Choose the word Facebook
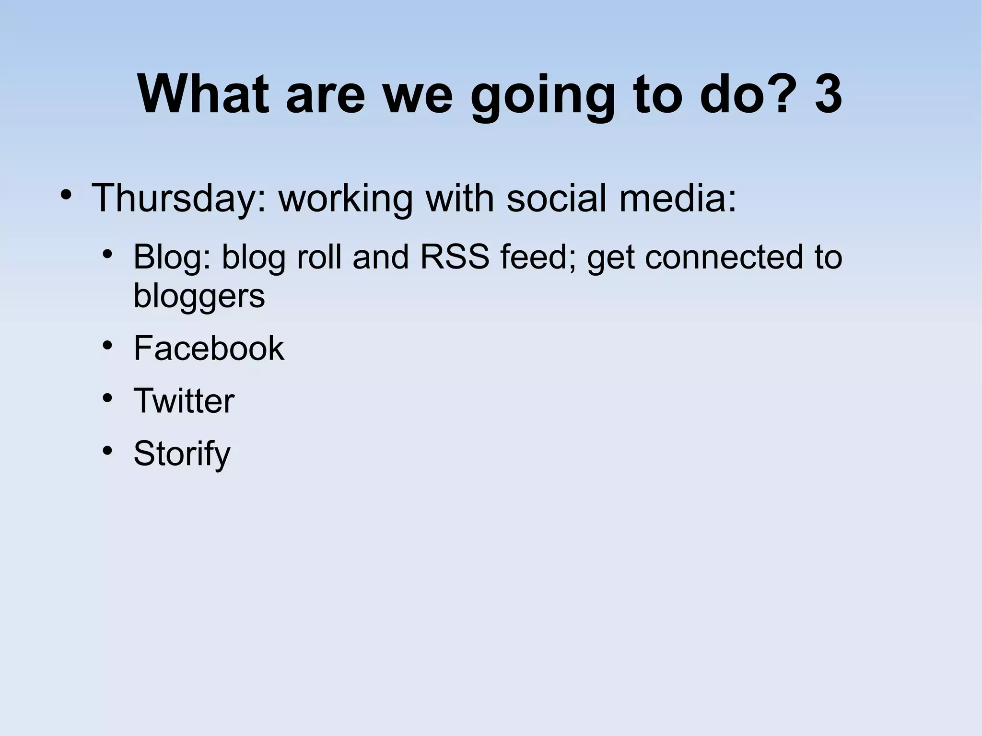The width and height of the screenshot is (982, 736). click(x=209, y=348)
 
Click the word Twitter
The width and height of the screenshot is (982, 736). click(x=184, y=401)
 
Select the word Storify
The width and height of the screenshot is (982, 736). click(x=182, y=454)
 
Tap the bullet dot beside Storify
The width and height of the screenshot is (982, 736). click(x=107, y=450)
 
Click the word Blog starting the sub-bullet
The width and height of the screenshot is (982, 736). click(x=172, y=257)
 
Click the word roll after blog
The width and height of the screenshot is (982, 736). click(x=319, y=257)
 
